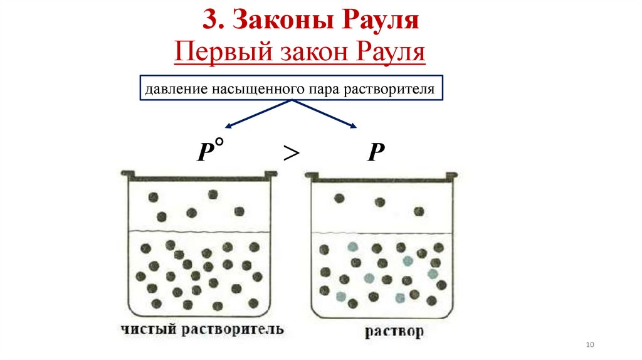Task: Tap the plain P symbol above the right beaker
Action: (x=376, y=153)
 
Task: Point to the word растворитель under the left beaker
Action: (x=229, y=329)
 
